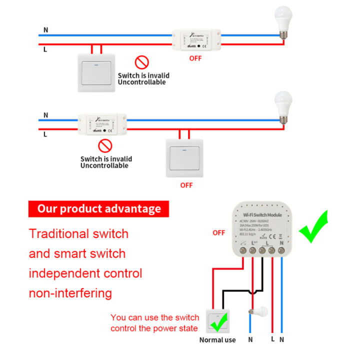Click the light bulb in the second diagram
point(283,106)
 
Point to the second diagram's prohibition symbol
point(105,146)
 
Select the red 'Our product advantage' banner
point(99,208)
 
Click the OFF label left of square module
point(218,233)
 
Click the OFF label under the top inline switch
point(195,58)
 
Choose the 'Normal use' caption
point(217,340)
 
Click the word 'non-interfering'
point(70,293)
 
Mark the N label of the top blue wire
point(46,30)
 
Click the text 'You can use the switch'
point(155,317)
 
